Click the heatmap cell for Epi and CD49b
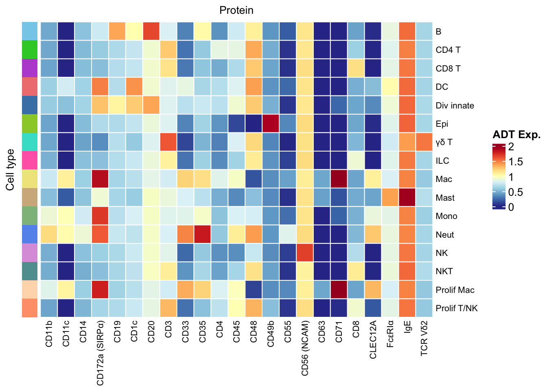click(x=271, y=123)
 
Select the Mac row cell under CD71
click(x=339, y=179)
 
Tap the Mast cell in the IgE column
click(x=407, y=197)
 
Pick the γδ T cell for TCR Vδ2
click(x=424, y=142)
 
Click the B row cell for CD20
click(x=151, y=31)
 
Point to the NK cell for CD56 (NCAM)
click(x=305, y=253)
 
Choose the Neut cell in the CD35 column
click(x=202, y=234)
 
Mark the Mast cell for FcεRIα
click(x=390, y=197)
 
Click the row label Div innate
click(x=455, y=106)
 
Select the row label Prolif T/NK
click(x=456, y=308)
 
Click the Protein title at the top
click(x=236, y=10)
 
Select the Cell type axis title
click(x=11, y=170)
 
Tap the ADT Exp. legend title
click(x=516, y=134)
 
